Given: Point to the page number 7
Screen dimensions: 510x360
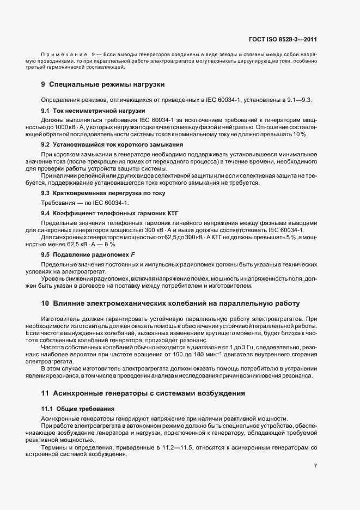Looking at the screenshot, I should [315, 466].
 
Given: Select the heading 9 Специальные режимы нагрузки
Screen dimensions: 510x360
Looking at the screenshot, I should [103, 84].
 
